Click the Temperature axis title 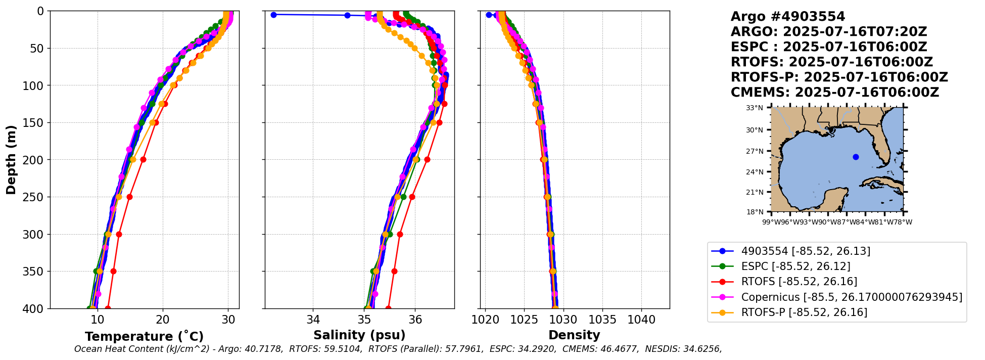[144, 336]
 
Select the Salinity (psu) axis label [359, 335]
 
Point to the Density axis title [574, 335]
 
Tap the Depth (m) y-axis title [11, 159]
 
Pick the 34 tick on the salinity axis [313, 320]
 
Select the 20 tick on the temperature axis [163, 320]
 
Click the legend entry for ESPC [795, 266]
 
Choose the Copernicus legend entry [851, 297]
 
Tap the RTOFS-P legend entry [804, 312]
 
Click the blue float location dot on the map [856, 157]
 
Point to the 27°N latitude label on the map [755, 151]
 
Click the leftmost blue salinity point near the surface [273, 15]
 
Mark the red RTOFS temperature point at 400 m [108, 308]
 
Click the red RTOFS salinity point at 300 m [400, 234]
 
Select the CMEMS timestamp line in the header [834, 93]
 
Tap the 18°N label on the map [755, 212]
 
